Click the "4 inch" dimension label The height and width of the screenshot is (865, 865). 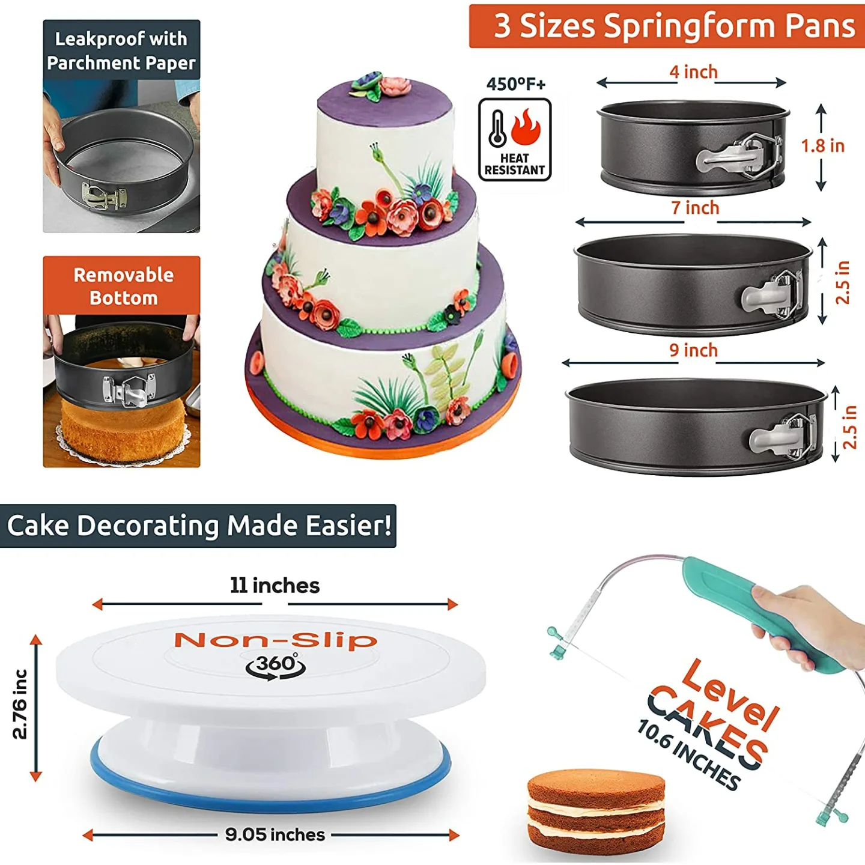tap(694, 72)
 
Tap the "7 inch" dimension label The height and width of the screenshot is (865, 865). tap(695, 208)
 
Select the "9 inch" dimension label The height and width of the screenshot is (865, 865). tap(694, 350)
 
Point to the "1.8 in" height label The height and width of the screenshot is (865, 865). tap(822, 146)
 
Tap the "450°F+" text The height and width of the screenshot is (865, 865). tap(516, 84)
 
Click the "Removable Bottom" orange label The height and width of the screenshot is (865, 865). tap(123, 286)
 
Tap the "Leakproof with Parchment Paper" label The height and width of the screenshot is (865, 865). tap(121, 50)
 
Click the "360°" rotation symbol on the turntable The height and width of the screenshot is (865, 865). tap(276, 666)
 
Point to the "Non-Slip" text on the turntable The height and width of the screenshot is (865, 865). tap(276, 640)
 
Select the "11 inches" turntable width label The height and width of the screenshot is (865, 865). tap(275, 586)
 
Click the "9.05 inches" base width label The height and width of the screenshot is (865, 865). tap(275, 834)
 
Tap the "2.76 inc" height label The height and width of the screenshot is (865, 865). tap(20, 704)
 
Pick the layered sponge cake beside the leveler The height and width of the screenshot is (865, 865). tap(596, 810)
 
